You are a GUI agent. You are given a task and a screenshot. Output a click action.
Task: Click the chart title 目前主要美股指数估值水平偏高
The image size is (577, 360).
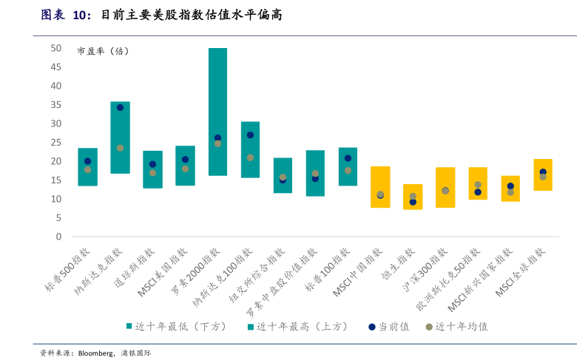coord(191,16)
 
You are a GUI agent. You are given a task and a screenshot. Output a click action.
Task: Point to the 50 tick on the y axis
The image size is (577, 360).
coord(56,48)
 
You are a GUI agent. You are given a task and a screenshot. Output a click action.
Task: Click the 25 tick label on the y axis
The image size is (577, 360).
coord(56,143)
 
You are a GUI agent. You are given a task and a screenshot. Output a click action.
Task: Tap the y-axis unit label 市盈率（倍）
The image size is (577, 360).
coord(103,52)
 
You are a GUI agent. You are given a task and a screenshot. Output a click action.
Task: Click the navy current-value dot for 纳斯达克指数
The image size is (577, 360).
coord(120,107)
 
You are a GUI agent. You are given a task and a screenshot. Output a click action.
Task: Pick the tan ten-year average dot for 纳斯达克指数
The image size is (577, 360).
coord(120,148)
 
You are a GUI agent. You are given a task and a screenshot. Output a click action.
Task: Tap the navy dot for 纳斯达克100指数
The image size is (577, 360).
coord(250,135)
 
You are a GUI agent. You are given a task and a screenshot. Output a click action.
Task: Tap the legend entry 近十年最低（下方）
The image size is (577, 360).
coord(180,326)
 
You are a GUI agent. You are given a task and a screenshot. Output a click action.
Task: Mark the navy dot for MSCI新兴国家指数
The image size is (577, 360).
coord(510,186)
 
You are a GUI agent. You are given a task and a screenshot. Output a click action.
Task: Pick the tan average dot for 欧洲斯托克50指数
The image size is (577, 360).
coord(478,185)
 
